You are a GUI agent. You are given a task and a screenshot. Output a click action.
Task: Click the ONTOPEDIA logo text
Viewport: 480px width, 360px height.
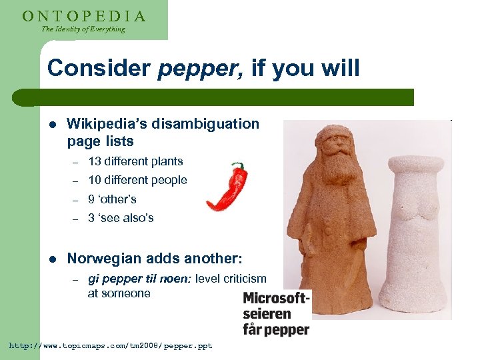84,15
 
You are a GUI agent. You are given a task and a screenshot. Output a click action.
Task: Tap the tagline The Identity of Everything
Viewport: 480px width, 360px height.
83,29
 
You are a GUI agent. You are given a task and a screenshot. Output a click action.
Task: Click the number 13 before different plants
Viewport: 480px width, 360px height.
94,161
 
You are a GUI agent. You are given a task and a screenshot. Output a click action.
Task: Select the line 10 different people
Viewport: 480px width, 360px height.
137,180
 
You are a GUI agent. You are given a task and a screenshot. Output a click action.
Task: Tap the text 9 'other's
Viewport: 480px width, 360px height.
112,199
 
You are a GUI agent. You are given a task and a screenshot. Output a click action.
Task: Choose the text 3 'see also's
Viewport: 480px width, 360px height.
121,218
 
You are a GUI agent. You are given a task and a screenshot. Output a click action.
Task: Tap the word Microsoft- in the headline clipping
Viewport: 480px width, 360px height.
276,299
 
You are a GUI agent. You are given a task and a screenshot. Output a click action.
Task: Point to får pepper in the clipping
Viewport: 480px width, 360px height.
276,329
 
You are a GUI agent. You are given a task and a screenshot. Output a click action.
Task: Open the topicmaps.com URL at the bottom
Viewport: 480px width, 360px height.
110,347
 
